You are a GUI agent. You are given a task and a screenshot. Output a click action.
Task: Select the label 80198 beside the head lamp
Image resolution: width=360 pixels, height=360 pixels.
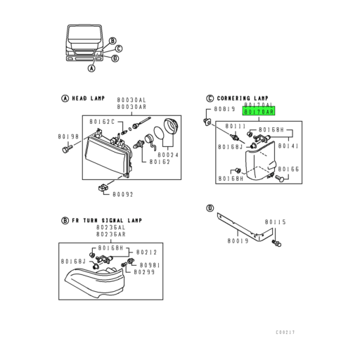[x=68, y=136]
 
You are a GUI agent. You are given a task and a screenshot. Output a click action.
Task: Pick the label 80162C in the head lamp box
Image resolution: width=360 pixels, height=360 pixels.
[x=101, y=122]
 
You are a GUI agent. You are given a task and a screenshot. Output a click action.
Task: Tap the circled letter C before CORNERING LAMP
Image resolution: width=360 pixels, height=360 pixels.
[x=210, y=98]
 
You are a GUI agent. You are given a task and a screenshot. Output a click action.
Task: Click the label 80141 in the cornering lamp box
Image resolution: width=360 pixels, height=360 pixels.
[x=288, y=146]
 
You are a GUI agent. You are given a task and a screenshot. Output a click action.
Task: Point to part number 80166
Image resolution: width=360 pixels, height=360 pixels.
[x=289, y=169]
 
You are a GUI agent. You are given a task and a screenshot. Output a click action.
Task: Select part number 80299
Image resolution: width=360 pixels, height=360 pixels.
[x=143, y=271]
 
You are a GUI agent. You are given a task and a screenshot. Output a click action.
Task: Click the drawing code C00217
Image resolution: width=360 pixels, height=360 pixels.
[x=286, y=330]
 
